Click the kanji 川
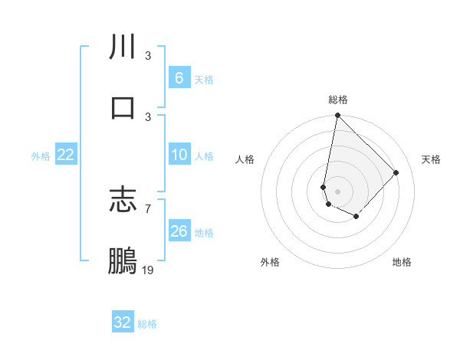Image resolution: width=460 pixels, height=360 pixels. (123, 47)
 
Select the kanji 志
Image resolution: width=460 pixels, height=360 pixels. (123, 200)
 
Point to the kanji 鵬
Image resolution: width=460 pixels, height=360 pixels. (123, 260)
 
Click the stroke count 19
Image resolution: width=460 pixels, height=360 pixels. (148, 270)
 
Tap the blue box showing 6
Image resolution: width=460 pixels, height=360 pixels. (179, 77)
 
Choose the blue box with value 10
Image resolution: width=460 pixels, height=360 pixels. (179, 155)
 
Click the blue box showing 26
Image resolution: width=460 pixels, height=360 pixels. (179, 231)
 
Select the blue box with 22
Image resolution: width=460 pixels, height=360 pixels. (66, 155)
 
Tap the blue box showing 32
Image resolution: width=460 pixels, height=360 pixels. (123, 322)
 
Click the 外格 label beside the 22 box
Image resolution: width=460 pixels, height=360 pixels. (41, 156)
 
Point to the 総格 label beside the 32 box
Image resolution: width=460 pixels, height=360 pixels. (147, 324)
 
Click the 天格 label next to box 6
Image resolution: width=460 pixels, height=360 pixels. (204, 79)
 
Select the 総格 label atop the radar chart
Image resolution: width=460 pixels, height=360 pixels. (338, 100)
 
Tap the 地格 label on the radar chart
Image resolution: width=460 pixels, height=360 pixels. (402, 262)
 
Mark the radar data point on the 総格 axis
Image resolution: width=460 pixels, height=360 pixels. (337, 116)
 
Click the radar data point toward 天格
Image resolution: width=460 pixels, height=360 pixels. (396, 172)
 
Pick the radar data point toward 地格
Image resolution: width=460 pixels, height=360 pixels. (356, 217)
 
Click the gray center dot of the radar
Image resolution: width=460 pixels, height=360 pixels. (337, 191)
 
